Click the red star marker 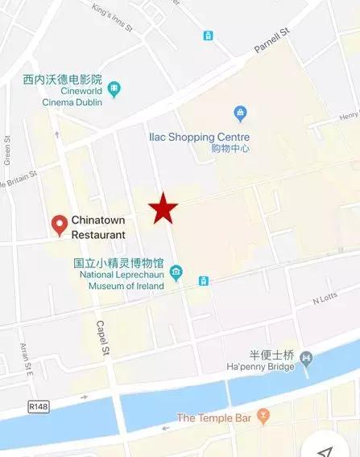point(163,208)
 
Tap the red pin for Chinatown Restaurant point(59,225)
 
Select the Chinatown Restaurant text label point(98,228)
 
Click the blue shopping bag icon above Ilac point(239,113)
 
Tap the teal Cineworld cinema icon point(114,87)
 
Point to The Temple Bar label point(214,418)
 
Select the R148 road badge point(37,406)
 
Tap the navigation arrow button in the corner point(325,447)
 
